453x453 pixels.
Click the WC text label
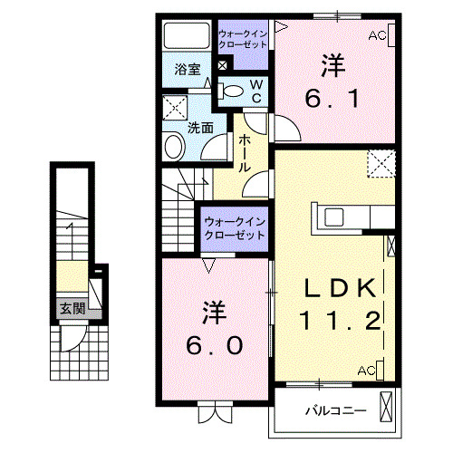coord(255,90)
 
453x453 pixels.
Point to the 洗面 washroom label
coord(200,128)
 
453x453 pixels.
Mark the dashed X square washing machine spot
coord(173,108)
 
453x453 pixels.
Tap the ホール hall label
coord(245,154)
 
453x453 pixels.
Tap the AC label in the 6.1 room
coord(377,35)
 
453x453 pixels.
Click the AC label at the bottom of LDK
coord(367,371)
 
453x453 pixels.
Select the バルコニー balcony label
coord(335,410)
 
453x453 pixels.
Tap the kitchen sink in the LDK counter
coord(333,217)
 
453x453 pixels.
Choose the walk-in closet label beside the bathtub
coord(242,38)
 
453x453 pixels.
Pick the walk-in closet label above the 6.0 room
coord(234,226)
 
